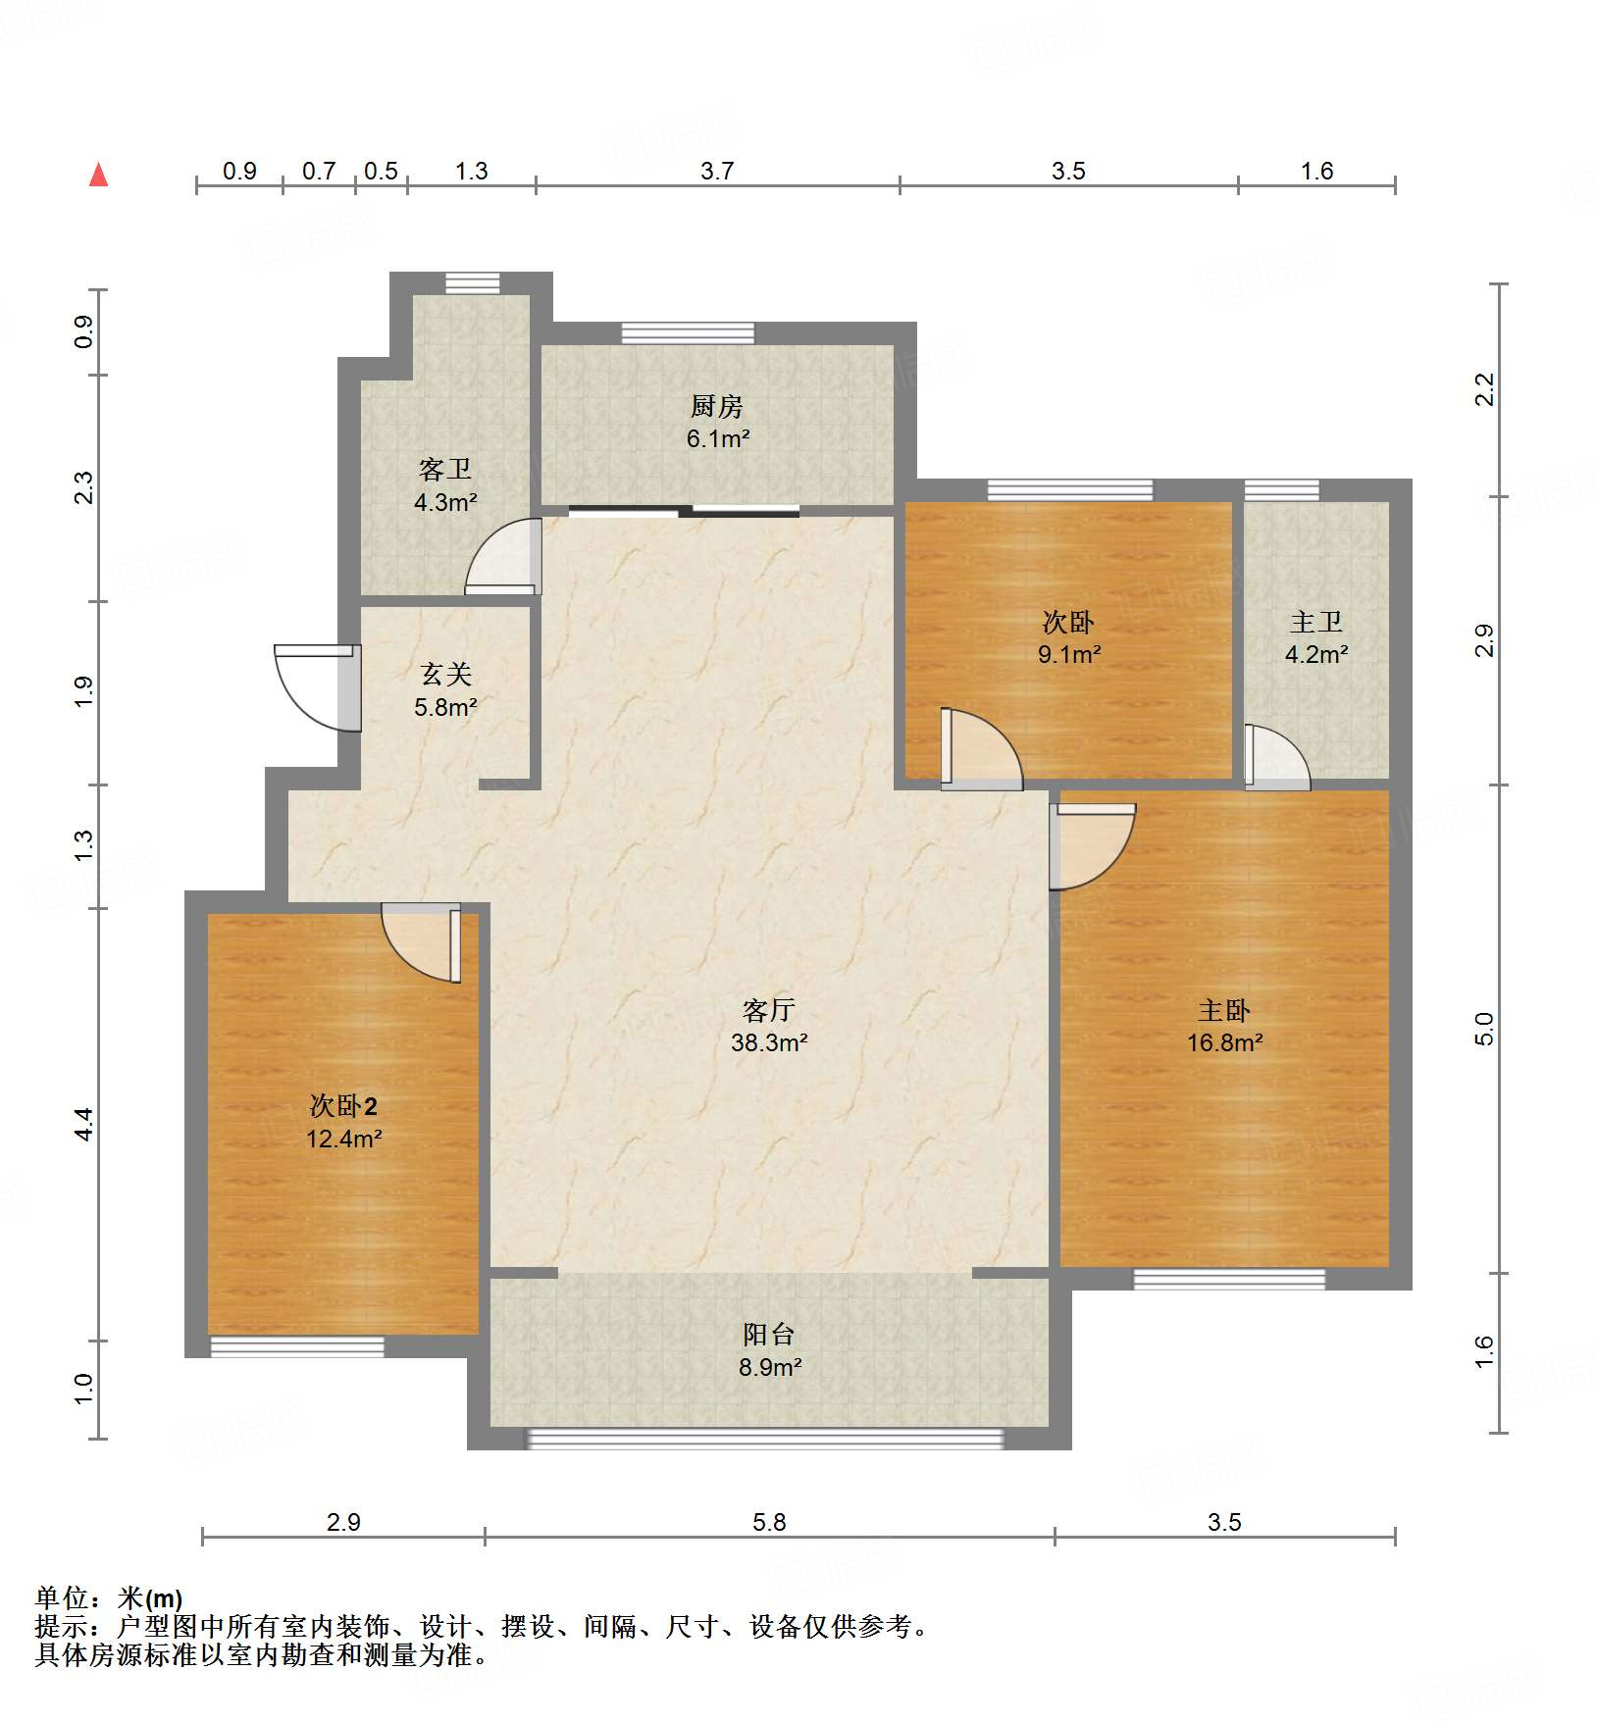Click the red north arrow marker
coord(98,175)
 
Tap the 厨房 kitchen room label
coord(717,405)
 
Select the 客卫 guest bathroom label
coord(445,469)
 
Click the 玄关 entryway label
coord(446,674)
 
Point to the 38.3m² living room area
coord(769,1042)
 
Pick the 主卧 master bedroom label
coord(1224,1010)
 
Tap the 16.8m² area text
coord(1224,1042)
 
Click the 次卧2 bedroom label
coord(343,1106)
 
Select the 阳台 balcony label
coord(769,1334)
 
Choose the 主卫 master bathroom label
coord(1316,622)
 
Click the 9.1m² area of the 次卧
coord(1069,654)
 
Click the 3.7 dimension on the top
coord(717,171)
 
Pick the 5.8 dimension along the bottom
coord(769,1522)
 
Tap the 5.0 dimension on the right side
coord(1483,1029)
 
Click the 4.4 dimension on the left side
coord(84,1124)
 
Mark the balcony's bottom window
coord(766,1439)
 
